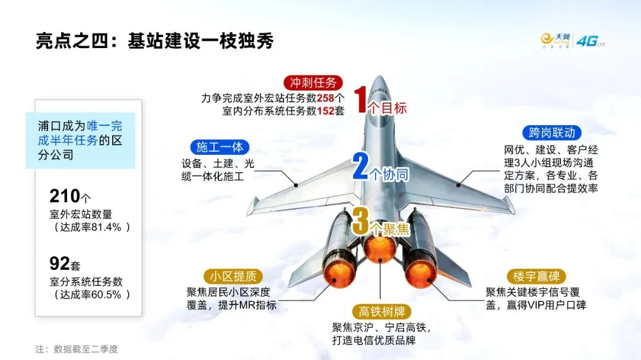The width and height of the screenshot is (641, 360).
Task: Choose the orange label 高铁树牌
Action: tap(380, 311)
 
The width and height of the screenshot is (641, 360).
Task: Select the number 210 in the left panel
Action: tap(65, 196)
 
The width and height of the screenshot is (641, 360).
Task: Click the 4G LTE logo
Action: tap(590, 41)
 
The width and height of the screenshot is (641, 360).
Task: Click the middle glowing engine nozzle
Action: tap(380, 247)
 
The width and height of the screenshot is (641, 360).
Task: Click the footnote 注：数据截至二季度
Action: tap(77, 349)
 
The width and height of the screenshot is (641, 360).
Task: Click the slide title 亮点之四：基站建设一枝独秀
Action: tap(154, 42)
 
